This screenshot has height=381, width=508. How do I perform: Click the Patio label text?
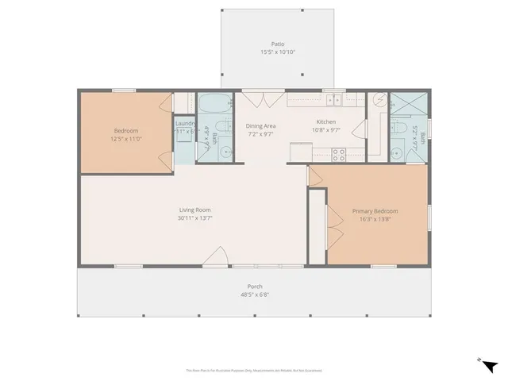[x=278, y=44]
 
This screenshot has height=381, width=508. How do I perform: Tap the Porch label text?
[x=255, y=287]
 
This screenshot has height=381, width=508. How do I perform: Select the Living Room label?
[x=194, y=210]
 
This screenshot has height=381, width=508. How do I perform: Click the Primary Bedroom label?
[x=375, y=210]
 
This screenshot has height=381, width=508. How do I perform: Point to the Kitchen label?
[x=327, y=122]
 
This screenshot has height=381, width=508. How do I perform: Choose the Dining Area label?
[x=260, y=126]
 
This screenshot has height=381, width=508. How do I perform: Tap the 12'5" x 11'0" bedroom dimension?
[x=127, y=139]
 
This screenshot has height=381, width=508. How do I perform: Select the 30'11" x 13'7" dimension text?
[x=194, y=217]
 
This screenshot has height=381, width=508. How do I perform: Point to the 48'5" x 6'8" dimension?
[x=255, y=294]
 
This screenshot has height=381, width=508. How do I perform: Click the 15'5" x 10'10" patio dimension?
[x=278, y=52]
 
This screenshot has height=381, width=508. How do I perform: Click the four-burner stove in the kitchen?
[x=339, y=155]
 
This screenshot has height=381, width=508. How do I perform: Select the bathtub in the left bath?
[x=211, y=106]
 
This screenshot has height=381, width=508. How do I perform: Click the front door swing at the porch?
[x=214, y=256]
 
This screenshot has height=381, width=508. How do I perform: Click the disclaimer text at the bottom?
[x=254, y=370]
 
